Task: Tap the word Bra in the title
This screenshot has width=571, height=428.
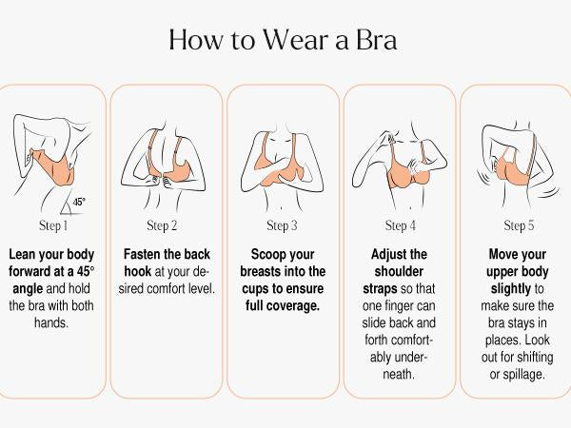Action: coord(376,39)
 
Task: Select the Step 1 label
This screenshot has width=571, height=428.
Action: coord(53,225)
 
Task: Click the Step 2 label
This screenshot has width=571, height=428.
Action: coord(162,225)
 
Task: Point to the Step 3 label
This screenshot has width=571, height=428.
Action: coord(282,225)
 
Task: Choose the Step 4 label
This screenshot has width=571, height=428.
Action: coord(401,225)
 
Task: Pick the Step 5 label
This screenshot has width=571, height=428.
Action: coord(519,225)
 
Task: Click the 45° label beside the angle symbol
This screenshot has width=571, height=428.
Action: coord(79,202)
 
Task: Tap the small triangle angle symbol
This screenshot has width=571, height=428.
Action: coord(67,207)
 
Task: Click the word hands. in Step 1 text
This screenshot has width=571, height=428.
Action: coord(51,322)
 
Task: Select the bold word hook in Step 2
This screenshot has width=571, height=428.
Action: coord(138,271)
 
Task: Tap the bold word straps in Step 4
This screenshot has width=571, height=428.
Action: coord(380,288)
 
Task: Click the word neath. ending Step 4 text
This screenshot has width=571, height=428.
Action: coord(399,374)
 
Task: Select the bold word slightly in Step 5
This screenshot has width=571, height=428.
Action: coord(511,288)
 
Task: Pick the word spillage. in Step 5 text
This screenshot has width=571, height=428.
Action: coord(523,374)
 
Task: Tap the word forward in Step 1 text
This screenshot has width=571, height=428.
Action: coord(30,271)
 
